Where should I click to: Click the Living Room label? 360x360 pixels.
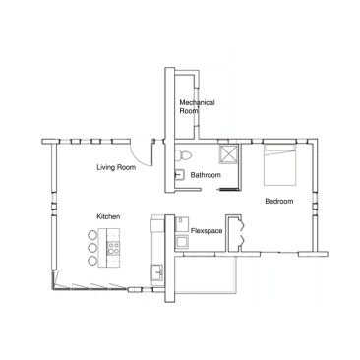pyautogui.click(x=116, y=168)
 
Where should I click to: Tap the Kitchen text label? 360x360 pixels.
pyautogui.click(x=108, y=216)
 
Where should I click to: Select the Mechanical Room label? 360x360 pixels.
pyautogui.click(x=197, y=106)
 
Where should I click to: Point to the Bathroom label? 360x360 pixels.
pyautogui.click(x=206, y=175)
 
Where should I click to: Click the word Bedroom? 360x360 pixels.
pyautogui.click(x=278, y=201)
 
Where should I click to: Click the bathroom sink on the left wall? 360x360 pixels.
pyautogui.click(x=180, y=175)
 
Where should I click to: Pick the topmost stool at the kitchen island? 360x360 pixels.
pyautogui.click(x=93, y=234)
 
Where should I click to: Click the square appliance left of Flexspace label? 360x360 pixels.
pyautogui.click(x=182, y=239)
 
